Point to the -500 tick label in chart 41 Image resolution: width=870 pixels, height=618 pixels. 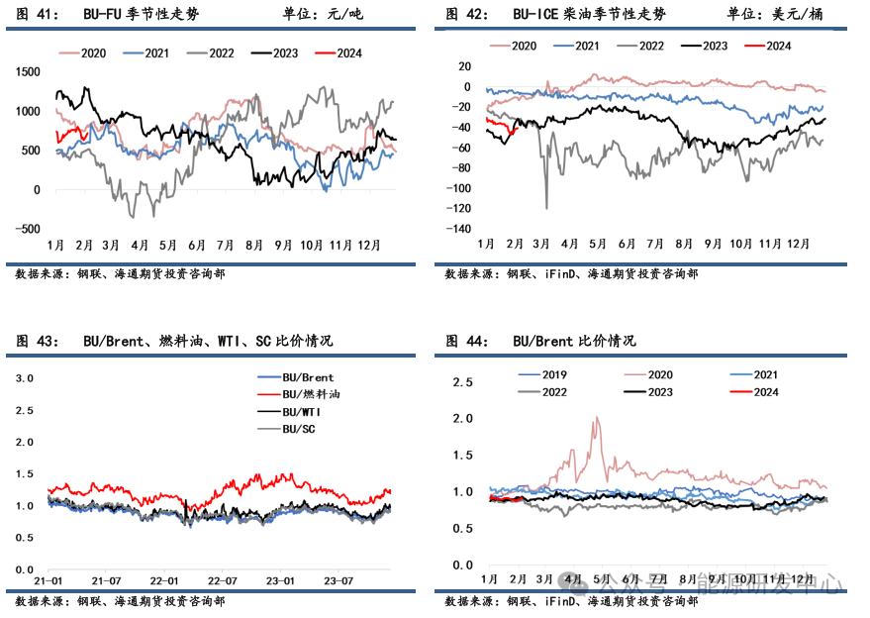coord(27,229)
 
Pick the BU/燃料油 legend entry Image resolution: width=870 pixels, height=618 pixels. coord(309,394)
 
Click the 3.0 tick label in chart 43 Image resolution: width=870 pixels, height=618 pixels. coord(24,378)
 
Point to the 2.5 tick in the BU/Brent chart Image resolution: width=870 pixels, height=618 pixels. coord(463,381)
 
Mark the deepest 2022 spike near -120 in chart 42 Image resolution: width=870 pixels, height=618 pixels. coord(546,208)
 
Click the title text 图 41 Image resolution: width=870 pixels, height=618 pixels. coord(37,14)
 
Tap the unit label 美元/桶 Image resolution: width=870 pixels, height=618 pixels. coord(796,14)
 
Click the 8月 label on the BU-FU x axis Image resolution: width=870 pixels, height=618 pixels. coord(253,245)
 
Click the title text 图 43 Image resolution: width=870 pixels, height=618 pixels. coord(37,341)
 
